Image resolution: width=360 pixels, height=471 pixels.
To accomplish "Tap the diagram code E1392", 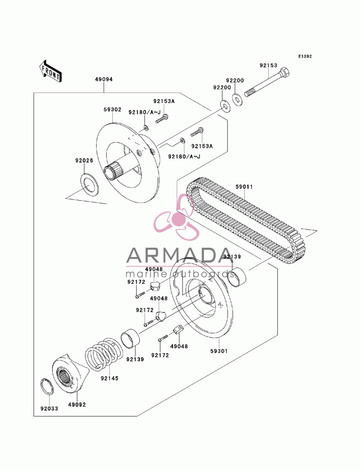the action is coord(305,56).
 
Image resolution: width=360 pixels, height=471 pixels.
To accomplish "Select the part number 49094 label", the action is coord(104,80).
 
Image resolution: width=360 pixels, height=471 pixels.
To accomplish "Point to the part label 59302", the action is coord(112,110).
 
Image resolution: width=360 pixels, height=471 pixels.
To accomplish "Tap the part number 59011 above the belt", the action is coord(244,187).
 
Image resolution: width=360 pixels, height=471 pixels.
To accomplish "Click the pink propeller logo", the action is coord(176,217).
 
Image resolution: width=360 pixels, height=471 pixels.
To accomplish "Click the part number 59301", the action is coord(219,351).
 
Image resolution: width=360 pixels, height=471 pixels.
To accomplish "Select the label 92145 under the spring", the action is coord(109,379).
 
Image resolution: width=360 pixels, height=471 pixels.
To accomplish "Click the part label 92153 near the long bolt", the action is coord(268,65).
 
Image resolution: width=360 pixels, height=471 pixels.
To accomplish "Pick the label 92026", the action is coord(84,160).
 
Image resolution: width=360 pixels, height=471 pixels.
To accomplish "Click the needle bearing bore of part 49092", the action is coord(64,377).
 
